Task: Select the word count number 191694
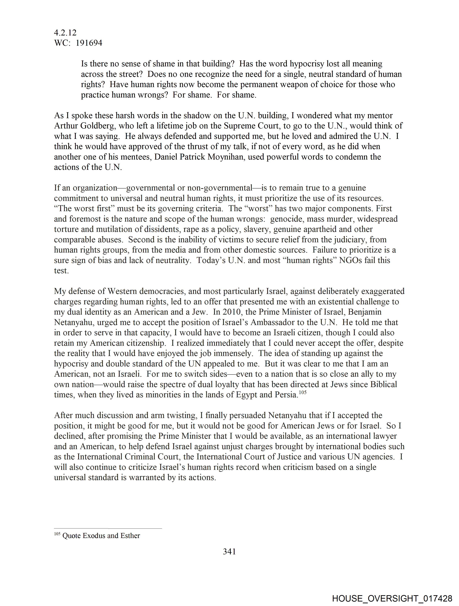click(89, 43)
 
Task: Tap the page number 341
click(229, 551)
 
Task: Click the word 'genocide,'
click(287, 219)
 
